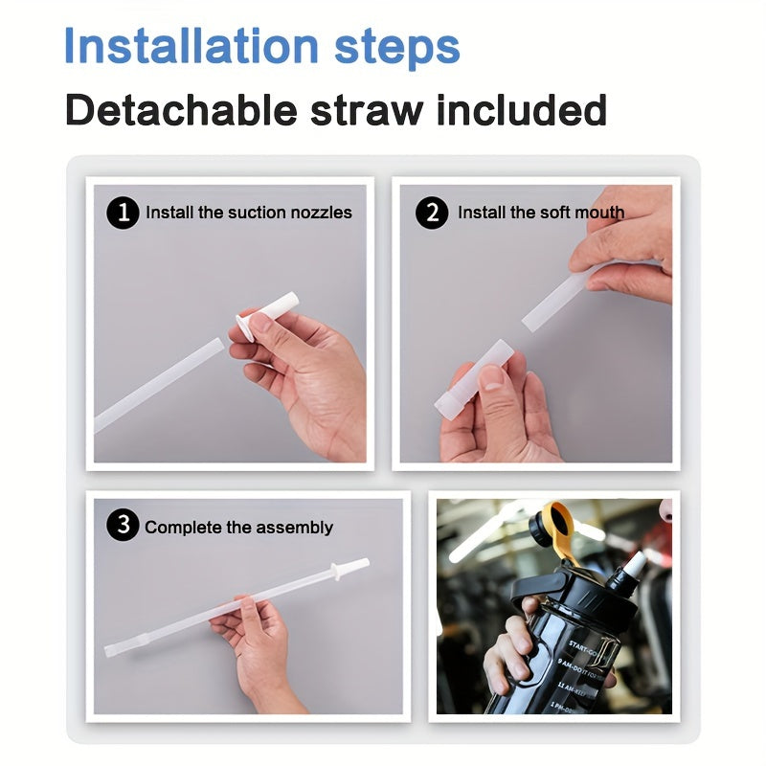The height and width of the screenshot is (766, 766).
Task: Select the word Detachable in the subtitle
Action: (181, 111)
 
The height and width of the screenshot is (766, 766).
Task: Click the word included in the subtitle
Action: (522, 111)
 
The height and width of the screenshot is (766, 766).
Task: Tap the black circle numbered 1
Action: (123, 213)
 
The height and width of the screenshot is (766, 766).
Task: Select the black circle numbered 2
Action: (432, 213)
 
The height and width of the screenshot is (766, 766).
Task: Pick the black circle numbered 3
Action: (123, 526)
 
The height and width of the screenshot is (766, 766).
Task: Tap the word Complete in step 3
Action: (182, 527)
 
